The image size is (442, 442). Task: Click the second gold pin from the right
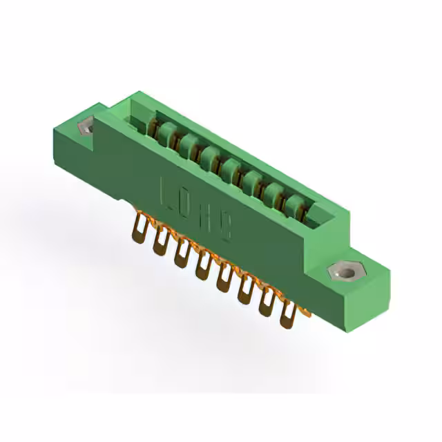coord(266,303)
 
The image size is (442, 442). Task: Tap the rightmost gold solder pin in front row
coord(287,315)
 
